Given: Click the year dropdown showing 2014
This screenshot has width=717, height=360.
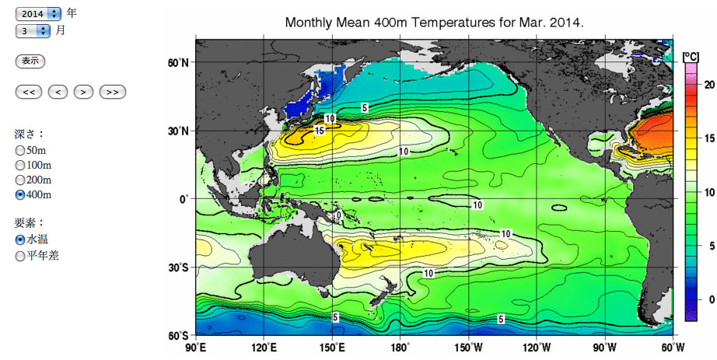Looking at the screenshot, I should pos(38,14).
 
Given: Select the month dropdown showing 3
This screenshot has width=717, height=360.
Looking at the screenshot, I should pos(33,31).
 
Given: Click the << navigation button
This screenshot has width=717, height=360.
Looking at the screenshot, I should pos(28,92).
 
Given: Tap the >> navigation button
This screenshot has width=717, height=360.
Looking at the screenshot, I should pos(112,92).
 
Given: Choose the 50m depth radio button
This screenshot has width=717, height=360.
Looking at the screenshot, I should pos(20,150).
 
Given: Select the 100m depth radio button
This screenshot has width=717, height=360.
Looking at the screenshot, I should pos(20,165).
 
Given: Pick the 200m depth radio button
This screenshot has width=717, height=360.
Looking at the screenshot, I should pos(20,180).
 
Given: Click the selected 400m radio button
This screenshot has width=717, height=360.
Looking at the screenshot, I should pos(20,194).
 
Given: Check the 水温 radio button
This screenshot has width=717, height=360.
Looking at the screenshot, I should pos(20,239).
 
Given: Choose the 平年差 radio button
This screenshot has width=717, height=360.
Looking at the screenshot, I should pos(20,255).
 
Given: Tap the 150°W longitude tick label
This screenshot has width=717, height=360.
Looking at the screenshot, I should pos(468,347).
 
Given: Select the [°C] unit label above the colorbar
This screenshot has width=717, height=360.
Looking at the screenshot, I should pos(691,56).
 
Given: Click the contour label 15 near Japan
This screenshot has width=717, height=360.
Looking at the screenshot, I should pos(319,131).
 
